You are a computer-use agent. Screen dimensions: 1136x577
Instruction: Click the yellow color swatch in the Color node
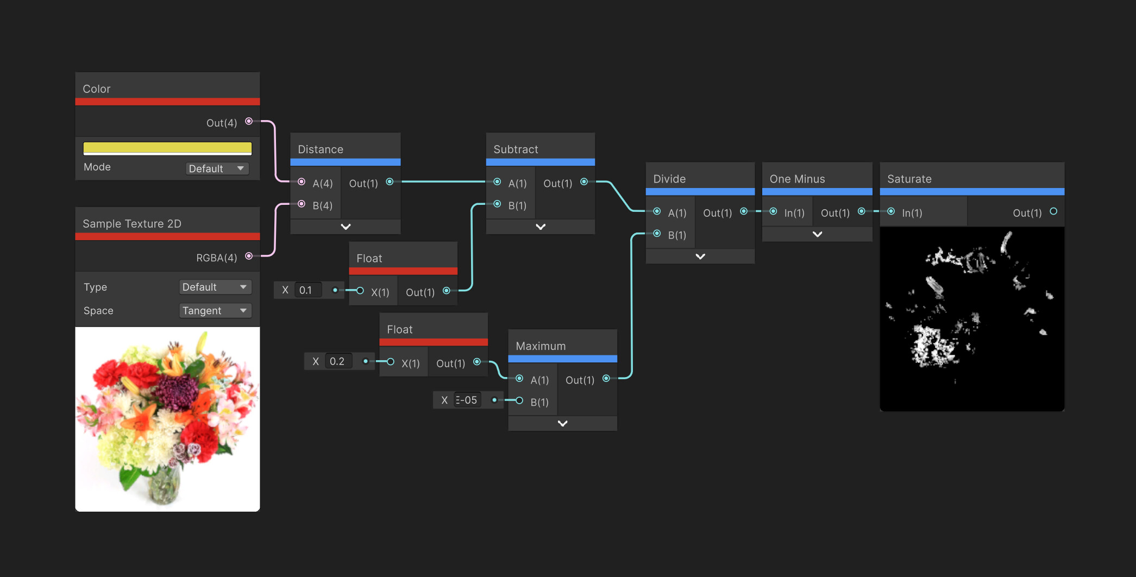167,148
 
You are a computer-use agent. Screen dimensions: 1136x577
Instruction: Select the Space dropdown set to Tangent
215,311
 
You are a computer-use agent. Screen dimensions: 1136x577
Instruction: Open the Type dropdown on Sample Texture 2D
215,287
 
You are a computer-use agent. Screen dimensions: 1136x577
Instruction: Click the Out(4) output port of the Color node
249,121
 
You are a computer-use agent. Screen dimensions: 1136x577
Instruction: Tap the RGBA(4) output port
249,256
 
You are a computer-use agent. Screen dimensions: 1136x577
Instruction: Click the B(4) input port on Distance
302,204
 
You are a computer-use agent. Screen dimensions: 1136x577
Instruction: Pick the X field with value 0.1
308,290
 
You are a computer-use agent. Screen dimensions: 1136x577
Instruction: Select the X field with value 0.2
338,361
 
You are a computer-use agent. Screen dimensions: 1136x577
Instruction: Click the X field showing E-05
467,400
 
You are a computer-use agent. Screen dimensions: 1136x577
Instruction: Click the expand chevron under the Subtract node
541,227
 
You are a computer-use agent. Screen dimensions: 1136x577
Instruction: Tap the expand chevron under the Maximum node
563,423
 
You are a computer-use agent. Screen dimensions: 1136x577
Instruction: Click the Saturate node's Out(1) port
1053,211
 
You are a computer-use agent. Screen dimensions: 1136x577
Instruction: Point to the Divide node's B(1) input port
657,234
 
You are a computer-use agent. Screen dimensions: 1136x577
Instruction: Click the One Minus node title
797,179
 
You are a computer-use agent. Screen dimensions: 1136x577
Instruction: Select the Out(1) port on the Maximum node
606,379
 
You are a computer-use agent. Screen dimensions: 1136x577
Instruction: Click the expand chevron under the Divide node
700,256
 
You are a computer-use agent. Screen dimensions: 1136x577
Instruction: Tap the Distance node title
321,149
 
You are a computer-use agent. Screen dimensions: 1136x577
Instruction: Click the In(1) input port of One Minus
773,211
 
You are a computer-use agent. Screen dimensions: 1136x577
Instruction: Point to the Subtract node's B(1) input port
497,204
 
